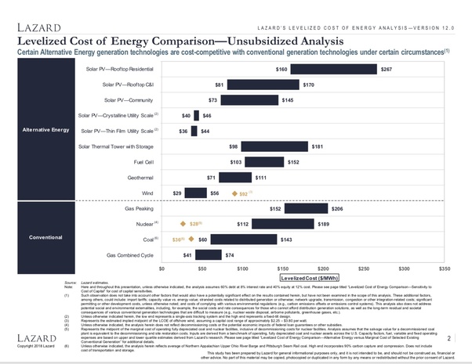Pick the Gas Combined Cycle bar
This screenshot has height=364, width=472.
pos(209,255)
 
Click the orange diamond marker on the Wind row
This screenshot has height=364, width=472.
pos(233,192)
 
